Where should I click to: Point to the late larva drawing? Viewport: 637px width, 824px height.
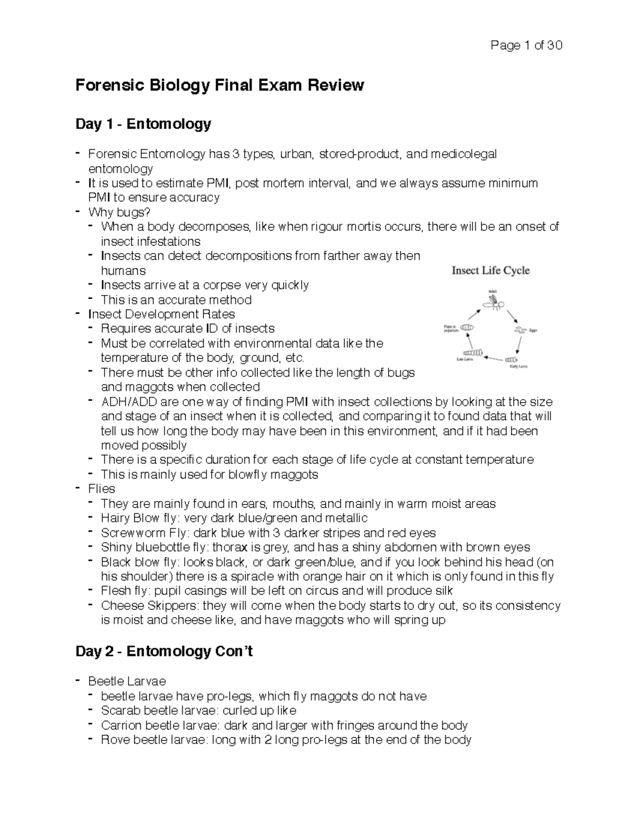[x=474, y=352]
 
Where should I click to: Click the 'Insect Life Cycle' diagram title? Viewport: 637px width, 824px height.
[x=490, y=271]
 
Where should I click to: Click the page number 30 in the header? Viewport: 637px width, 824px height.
[x=555, y=46]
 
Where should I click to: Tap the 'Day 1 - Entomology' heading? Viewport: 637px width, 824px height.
[x=143, y=124]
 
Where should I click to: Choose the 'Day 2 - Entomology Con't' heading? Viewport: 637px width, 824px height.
[x=164, y=651]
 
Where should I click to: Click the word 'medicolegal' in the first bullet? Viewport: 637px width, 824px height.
[x=464, y=154]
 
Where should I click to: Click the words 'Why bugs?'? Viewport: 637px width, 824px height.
[x=119, y=212]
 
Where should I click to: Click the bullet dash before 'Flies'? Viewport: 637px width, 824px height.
[x=79, y=488]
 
